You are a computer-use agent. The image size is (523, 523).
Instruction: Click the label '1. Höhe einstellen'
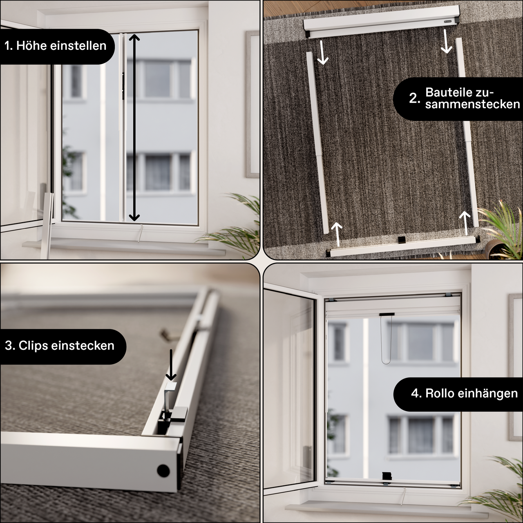click(56, 46)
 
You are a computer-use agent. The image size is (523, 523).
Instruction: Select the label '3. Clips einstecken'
click(60, 346)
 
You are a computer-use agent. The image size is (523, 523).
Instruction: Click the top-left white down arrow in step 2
click(323, 52)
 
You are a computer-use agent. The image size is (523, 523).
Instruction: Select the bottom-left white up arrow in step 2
click(336, 234)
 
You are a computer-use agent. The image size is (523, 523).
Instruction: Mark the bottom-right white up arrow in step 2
click(464, 223)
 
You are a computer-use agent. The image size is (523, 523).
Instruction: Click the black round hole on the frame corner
click(163, 470)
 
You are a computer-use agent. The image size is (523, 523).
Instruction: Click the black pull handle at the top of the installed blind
click(387, 315)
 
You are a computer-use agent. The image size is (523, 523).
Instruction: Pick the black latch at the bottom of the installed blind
click(387, 476)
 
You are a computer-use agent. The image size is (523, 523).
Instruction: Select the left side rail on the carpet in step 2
click(318, 143)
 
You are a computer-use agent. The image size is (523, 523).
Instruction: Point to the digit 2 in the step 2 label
click(414, 98)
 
